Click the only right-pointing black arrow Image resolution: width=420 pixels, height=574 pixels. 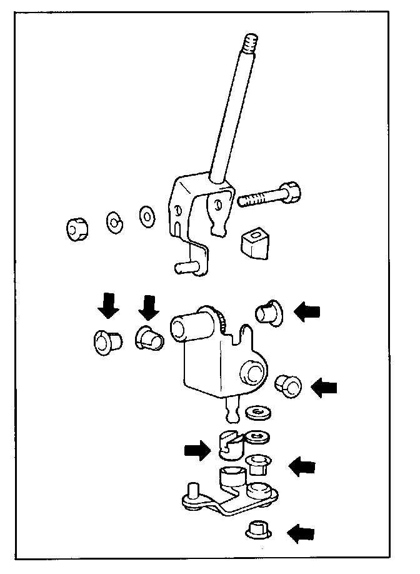(x=197, y=450)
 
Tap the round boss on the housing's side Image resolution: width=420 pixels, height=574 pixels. (x=252, y=373)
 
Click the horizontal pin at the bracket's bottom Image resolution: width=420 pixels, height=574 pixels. (x=187, y=268)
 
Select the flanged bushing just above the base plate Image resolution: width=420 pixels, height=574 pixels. (x=257, y=465)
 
